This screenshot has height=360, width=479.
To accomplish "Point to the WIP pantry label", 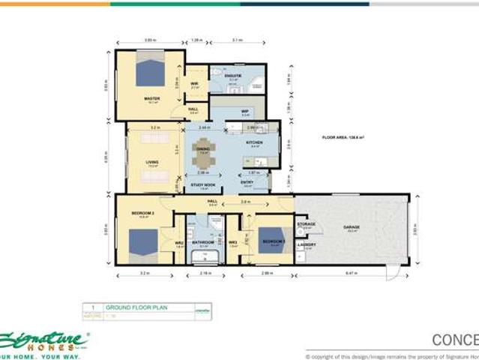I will [x=244, y=111].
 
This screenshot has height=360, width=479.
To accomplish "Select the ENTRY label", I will [x=247, y=181].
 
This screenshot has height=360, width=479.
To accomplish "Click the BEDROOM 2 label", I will [x=142, y=214].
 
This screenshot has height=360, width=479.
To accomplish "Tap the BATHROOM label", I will [x=203, y=242].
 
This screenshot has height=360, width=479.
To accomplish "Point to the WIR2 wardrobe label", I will [x=179, y=242].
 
